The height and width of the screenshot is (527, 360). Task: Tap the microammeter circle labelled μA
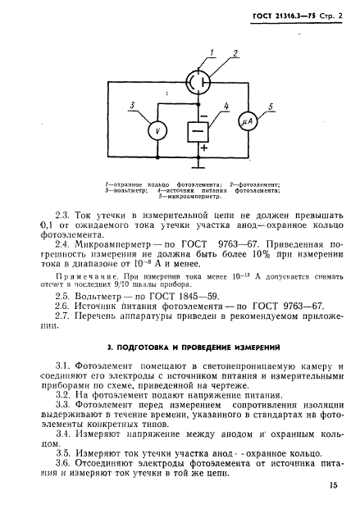[248, 121]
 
